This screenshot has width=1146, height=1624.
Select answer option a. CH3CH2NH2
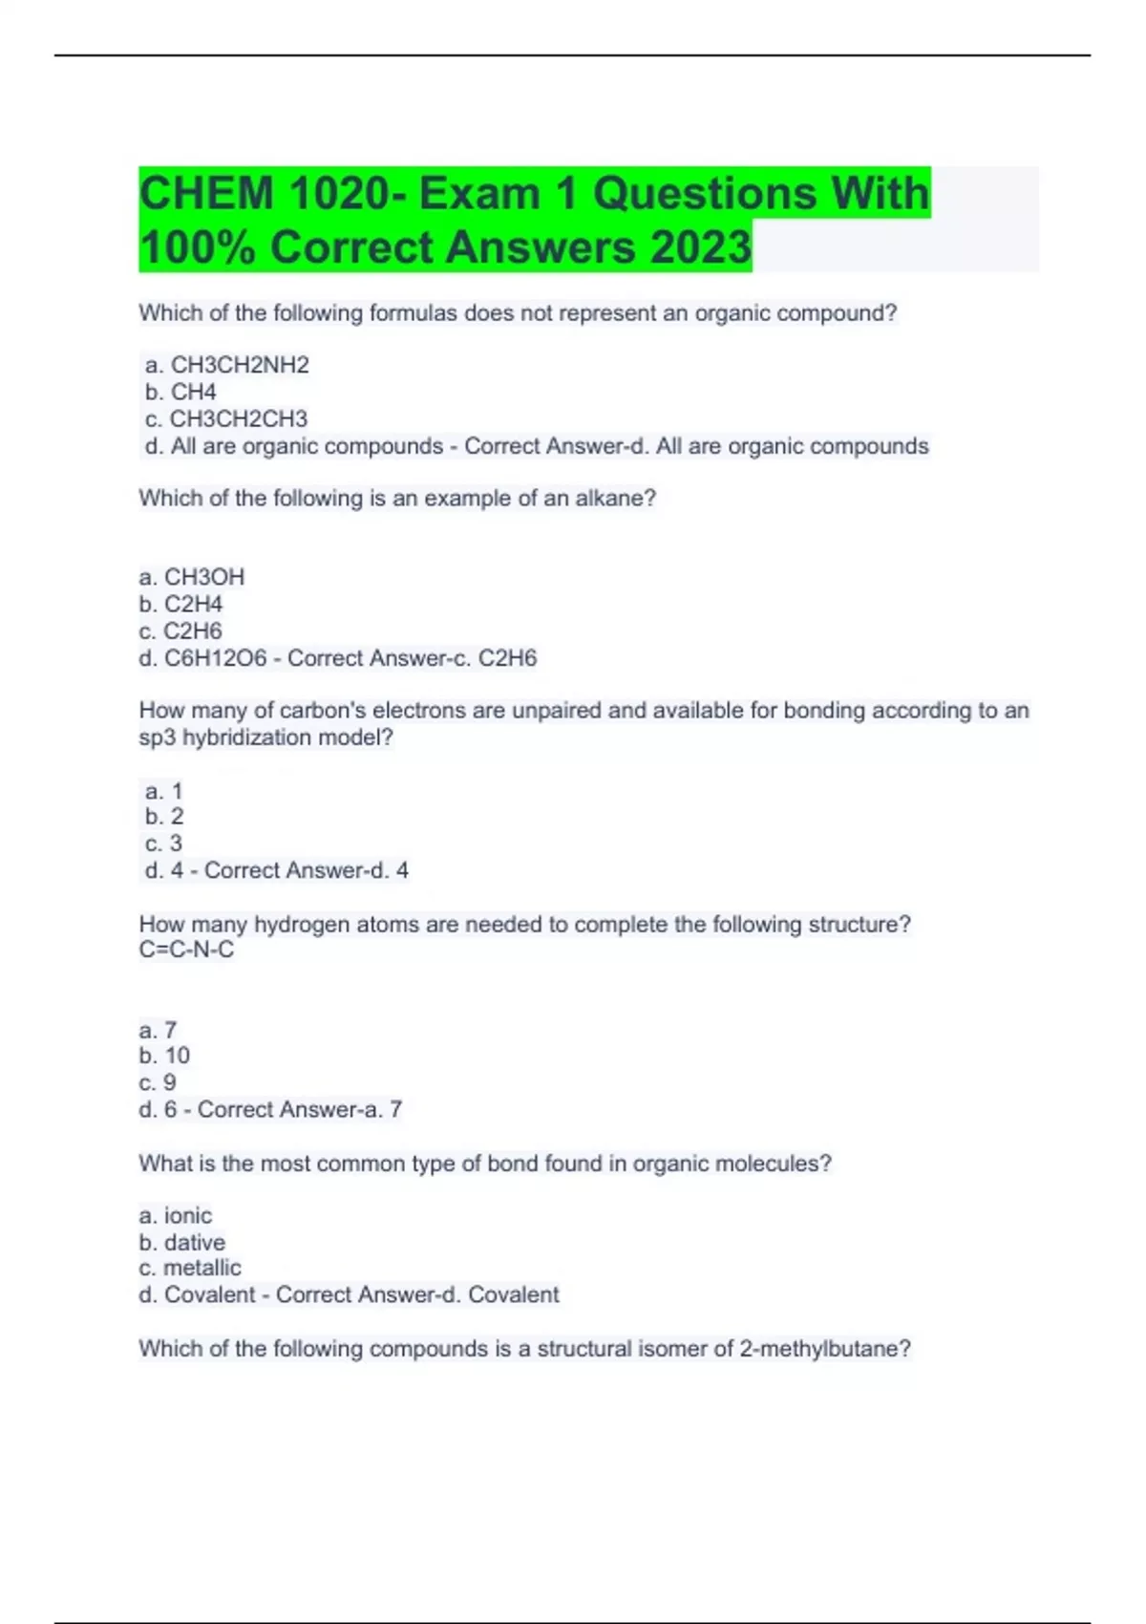[227, 365]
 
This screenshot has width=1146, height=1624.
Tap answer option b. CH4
[181, 392]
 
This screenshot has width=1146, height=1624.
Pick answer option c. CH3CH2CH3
[226, 418]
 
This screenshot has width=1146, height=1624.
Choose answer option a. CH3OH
[192, 577]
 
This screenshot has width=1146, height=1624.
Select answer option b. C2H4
[180, 604]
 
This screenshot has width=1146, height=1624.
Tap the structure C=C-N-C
[186, 950]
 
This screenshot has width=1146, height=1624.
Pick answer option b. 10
[164, 1056]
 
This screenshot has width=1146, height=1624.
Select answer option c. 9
[158, 1082]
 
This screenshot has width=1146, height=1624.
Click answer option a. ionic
[176, 1215]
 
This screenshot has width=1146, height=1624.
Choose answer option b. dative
[182, 1242]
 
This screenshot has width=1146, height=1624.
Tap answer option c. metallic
[190, 1268]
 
